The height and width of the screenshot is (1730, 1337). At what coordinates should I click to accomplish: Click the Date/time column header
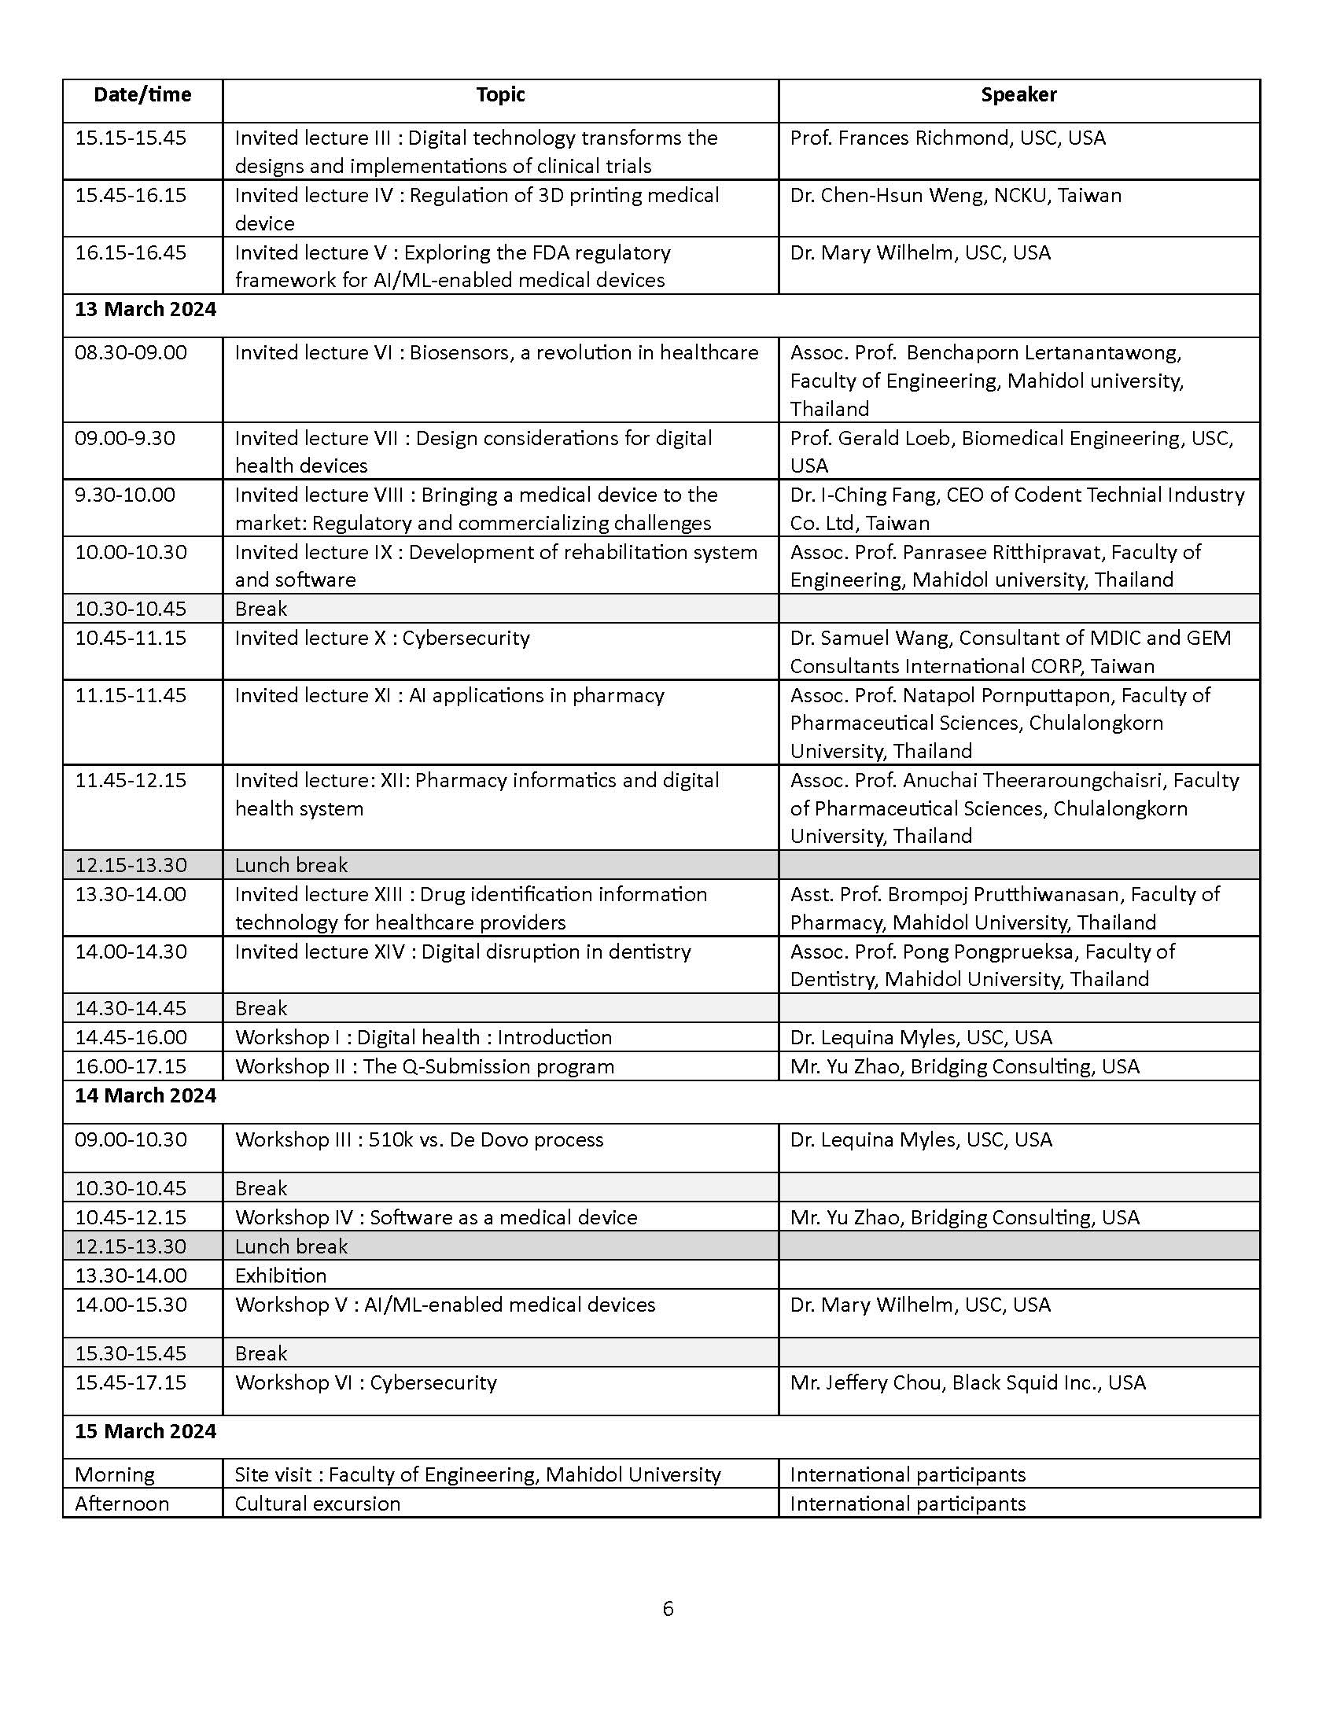(x=142, y=95)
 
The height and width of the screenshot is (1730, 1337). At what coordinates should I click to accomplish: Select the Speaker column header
(x=1018, y=95)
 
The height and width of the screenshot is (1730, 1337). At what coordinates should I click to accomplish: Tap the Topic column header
(x=500, y=95)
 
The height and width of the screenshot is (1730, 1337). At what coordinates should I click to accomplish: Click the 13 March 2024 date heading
(x=145, y=309)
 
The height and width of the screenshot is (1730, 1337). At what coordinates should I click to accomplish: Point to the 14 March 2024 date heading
(x=145, y=1095)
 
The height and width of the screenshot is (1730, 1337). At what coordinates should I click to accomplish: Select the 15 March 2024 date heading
(x=145, y=1431)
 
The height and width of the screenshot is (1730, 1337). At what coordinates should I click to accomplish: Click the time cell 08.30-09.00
(x=131, y=352)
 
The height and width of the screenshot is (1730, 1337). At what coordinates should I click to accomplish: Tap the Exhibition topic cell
(x=282, y=1275)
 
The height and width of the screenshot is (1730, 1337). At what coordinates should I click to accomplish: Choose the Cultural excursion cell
(x=318, y=1504)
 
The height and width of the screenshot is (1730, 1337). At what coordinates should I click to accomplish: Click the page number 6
(x=668, y=1609)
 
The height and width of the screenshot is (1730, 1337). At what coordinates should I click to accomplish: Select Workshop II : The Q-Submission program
(x=425, y=1066)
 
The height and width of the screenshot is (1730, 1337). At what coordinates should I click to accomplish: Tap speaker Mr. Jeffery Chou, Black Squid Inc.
(x=968, y=1382)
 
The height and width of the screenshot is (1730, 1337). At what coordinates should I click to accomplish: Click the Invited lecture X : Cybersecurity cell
(x=382, y=638)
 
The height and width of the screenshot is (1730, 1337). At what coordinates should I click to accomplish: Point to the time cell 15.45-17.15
(x=131, y=1382)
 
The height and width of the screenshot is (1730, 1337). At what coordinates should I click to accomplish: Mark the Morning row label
(x=115, y=1474)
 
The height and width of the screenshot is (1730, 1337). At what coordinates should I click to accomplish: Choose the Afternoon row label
(x=122, y=1504)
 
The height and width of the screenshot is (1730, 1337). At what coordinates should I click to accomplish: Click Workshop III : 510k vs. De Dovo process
(x=419, y=1140)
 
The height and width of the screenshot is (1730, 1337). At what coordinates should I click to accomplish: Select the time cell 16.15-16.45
(x=131, y=252)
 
